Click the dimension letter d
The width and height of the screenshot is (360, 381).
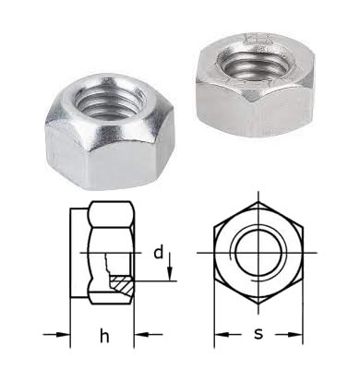[x=159, y=253]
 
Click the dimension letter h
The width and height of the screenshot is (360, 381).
[x=104, y=335]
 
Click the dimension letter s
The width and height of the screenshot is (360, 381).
[x=258, y=334]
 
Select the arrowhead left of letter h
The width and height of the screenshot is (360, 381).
[x=63, y=334]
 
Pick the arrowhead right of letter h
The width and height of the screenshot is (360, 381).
[x=141, y=334]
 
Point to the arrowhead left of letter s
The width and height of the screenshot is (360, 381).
[x=222, y=334]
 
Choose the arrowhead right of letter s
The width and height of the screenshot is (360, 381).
[x=295, y=334]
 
